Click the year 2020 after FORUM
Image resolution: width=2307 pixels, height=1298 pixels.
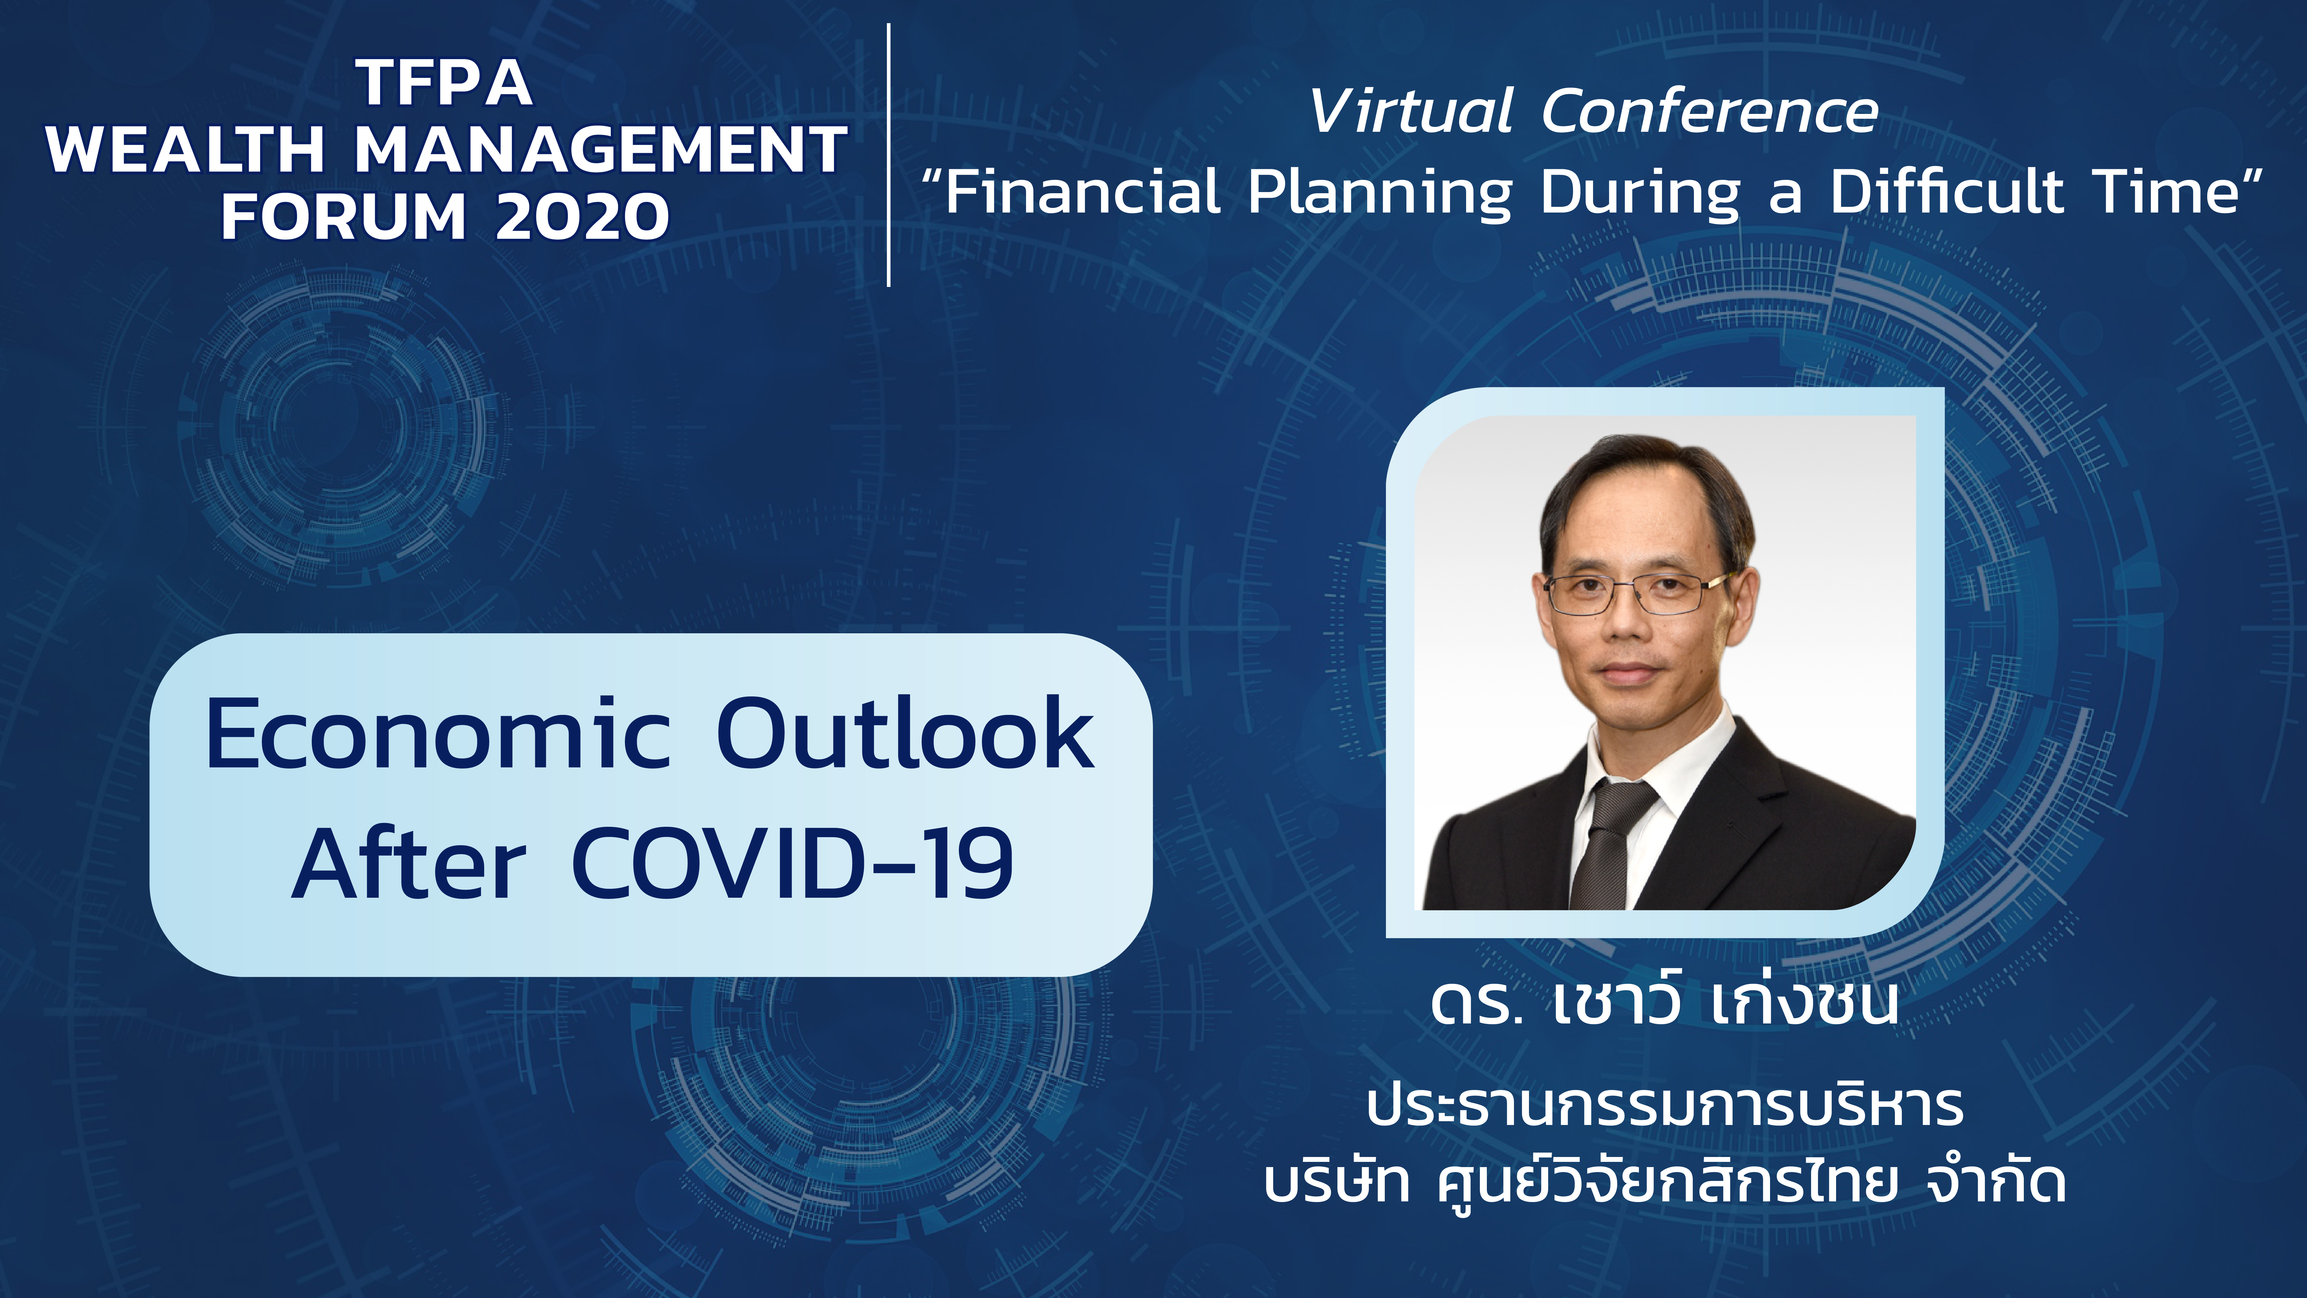tap(582, 217)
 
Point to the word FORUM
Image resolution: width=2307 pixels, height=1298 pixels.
tap(344, 217)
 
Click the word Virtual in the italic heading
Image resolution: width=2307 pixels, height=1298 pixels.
tap(1410, 112)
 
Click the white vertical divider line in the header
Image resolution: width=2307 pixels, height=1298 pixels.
tap(888, 155)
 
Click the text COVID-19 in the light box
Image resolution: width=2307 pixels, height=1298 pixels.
tap(792, 863)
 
